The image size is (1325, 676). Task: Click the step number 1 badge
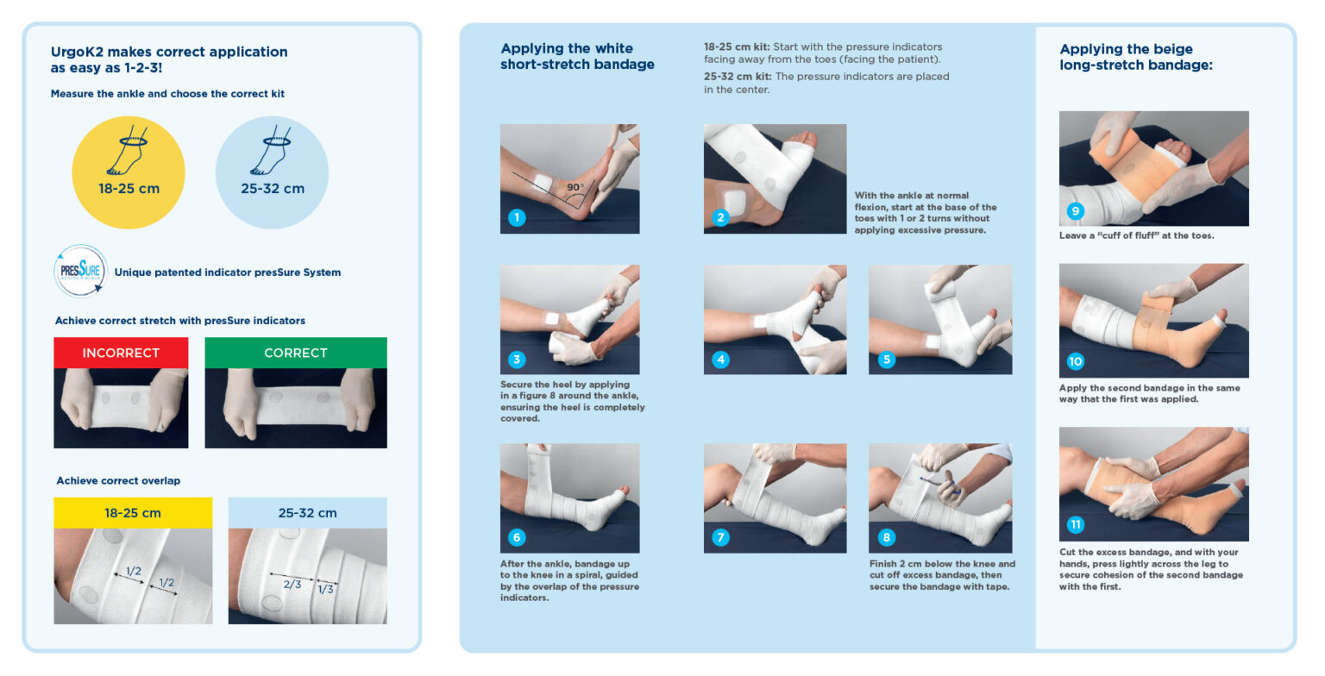pyautogui.click(x=516, y=217)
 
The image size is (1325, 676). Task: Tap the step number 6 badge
pyautogui.click(x=516, y=537)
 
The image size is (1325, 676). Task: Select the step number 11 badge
pyautogui.click(x=1075, y=524)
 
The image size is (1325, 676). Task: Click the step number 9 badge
pyautogui.click(x=1074, y=210)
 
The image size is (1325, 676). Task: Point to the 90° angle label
pyautogui.click(x=575, y=187)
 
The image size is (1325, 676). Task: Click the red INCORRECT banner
pyautogui.click(x=121, y=353)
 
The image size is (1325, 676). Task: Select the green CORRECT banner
pyautogui.click(x=295, y=353)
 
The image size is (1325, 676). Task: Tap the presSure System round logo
pyautogui.click(x=80, y=272)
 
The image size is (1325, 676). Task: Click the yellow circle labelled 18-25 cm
pyautogui.click(x=128, y=172)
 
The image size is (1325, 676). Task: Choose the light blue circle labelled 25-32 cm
pyautogui.click(x=272, y=172)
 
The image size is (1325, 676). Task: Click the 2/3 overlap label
pyautogui.click(x=291, y=584)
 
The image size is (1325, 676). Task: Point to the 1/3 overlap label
pyautogui.click(x=326, y=589)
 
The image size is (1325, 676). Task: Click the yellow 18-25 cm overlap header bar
pyautogui.click(x=133, y=512)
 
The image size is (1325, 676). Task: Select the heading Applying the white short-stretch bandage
pyautogui.click(x=576, y=56)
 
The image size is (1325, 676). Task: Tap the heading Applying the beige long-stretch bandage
pyautogui.click(x=1135, y=56)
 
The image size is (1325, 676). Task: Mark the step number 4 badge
pyautogui.click(x=719, y=359)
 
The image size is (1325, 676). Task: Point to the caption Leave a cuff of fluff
pyautogui.click(x=1136, y=235)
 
